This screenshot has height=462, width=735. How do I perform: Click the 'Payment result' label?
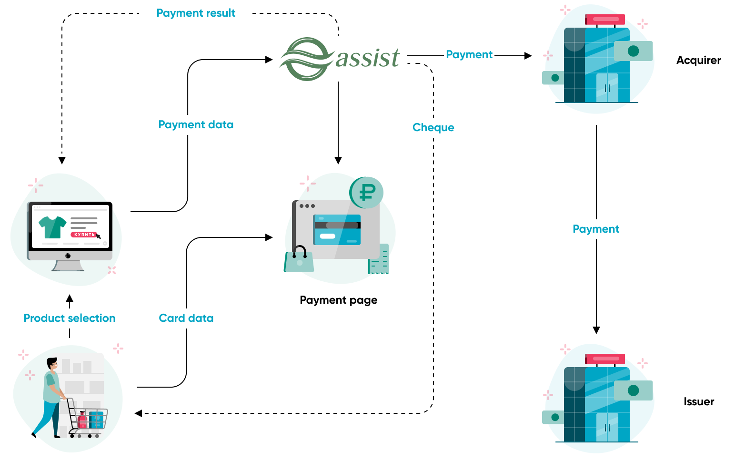pyautogui.click(x=196, y=13)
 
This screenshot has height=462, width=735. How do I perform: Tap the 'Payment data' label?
pyautogui.click(x=196, y=125)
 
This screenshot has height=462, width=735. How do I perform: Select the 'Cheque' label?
pyautogui.click(x=433, y=128)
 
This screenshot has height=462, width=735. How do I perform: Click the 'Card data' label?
pyautogui.click(x=186, y=318)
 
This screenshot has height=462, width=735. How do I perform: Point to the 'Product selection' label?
pyautogui.click(x=70, y=318)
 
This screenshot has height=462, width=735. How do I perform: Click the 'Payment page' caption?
pyautogui.click(x=338, y=300)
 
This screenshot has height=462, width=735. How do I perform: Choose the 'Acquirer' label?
pyautogui.click(x=698, y=61)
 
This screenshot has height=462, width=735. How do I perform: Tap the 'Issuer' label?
pyautogui.click(x=698, y=402)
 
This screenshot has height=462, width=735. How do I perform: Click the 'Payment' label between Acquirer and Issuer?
pyautogui.click(x=596, y=229)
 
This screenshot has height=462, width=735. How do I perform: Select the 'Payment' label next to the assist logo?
pyautogui.click(x=469, y=55)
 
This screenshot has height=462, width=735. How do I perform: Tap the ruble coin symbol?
pyautogui.click(x=366, y=193)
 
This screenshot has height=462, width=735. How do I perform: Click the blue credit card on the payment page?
pyautogui.click(x=337, y=229)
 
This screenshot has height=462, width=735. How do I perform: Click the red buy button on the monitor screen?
pyautogui.click(x=84, y=235)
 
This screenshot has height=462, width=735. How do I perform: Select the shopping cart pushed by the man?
pyautogui.click(x=89, y=420)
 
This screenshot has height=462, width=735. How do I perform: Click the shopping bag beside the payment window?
pyautogui.click(x=299, y=260)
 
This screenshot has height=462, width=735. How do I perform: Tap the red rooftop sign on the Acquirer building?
pyautogui.click(x=604, y=20)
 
